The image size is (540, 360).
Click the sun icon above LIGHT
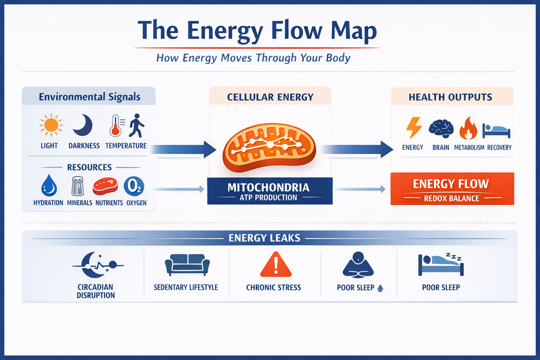click(x=49, y=125)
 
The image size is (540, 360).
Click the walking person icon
click(x=136, y=125)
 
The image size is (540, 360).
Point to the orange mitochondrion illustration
click(x=269, y=144)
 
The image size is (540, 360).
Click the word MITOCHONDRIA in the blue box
click(x=268, y=187)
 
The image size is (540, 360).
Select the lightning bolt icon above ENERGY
click(x=413, y=127)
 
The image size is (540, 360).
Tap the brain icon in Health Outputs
click(x=441, y=128)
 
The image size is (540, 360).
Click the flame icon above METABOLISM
click(x=468, y=127)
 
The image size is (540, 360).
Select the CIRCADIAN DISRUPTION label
click(x=96, y=291)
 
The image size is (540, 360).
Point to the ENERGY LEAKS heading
click(x=264, y=237)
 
